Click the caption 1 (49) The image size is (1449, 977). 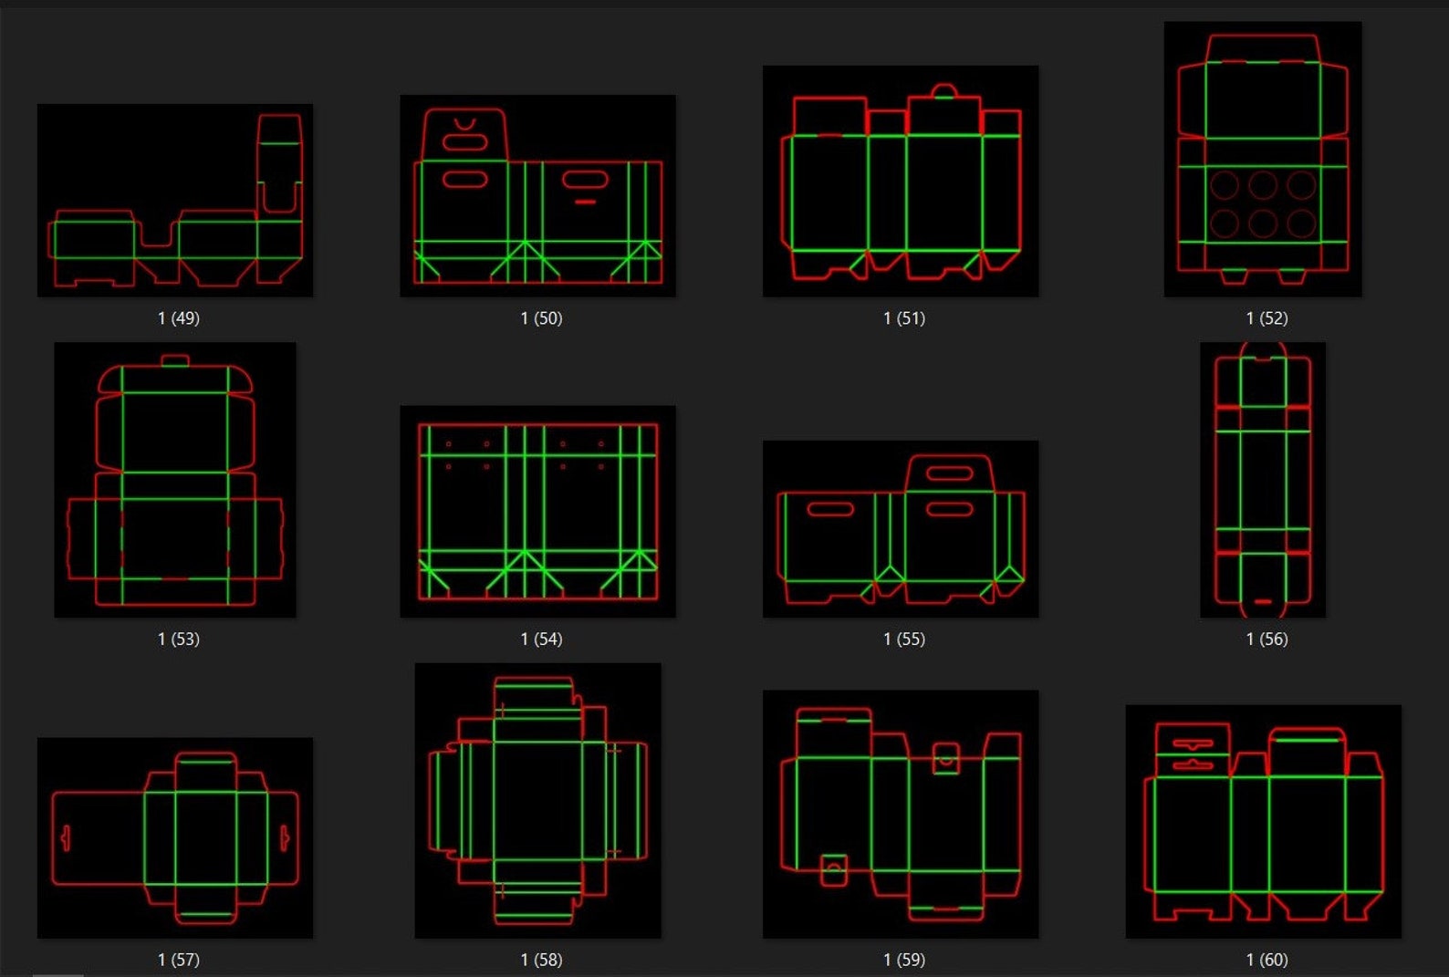pyautogui.click(x=179, y=318)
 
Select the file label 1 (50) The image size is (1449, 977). pyautogui.click(x=541, y=318)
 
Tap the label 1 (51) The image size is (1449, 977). pyautogui.click(x=904, y=318)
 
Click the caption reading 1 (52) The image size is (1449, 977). pyautogui.click(x=1267, y=318)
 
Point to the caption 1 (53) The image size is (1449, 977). pyautogui.click(x=179, y=639)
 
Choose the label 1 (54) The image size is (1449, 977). pyautogui.click(x=541, y=639)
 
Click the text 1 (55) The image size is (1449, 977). pyautogui.click(x=904, y=639)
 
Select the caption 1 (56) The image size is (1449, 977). pyautogui.click(x=1267, y=639)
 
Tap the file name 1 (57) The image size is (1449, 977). pyautogui.click(x=179, y=960)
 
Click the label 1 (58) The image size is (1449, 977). pyautogui.click(x=541, y=960)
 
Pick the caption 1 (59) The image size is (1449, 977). pyautogui.click(x=904, y=960)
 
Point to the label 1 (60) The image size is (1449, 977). pyautogui.click(x=1267, y=960)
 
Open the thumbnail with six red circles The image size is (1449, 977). pyautogui.click(x=1263, y=160)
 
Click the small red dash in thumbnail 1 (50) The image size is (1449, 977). pyautogui.click(x=586, y=202)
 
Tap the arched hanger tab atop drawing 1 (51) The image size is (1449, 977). pyautogui.click(x=944, y=90)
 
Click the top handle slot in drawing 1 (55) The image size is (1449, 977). pyautogui.click(x=949, y=473)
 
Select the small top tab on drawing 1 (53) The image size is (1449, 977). pyautogui.click(x=175, y=361)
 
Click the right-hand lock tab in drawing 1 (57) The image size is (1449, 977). pyautogui.click(x=285, y=837)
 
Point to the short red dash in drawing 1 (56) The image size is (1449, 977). pyautogui.click(x=1263, y=602)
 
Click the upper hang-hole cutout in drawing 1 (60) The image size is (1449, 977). pyautogui.click(x=1193, y=744)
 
